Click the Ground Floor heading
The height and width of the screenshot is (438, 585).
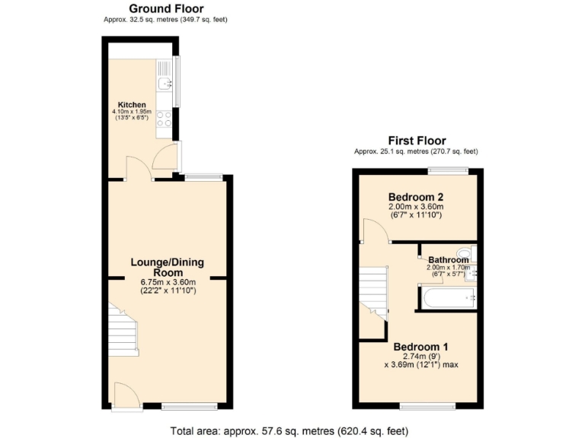click(x=165, y=9)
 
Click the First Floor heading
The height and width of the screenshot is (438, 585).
click(x=416, y=141)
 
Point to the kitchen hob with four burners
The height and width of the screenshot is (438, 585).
click(x=164, y=120)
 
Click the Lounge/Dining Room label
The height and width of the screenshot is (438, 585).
click(x=168, y=268)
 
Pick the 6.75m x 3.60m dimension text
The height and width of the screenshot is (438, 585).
click(x=168, y=282)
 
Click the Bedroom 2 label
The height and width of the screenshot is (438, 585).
click(x=416, y=195)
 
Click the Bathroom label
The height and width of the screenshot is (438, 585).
click(x=448, y=260)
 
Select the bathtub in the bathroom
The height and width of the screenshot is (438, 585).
click(x=447, y=298)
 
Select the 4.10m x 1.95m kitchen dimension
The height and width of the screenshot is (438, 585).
click(x=132, y=112)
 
